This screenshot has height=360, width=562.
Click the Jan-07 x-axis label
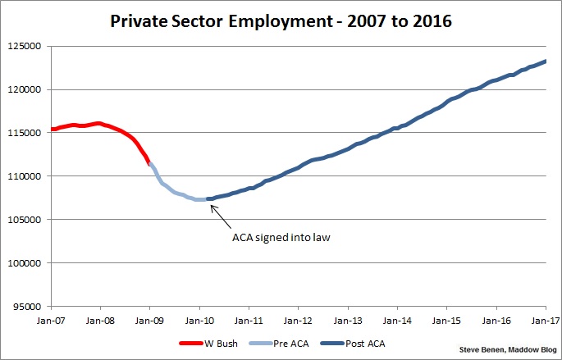click(50, 321)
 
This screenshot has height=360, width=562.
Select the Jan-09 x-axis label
click(149, 321)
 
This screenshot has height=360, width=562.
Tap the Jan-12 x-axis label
click(298, 321)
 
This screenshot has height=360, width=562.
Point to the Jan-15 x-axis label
click(446, 321)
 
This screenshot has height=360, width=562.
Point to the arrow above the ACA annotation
click(219, 214)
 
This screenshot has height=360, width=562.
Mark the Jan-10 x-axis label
click(199, 321)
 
